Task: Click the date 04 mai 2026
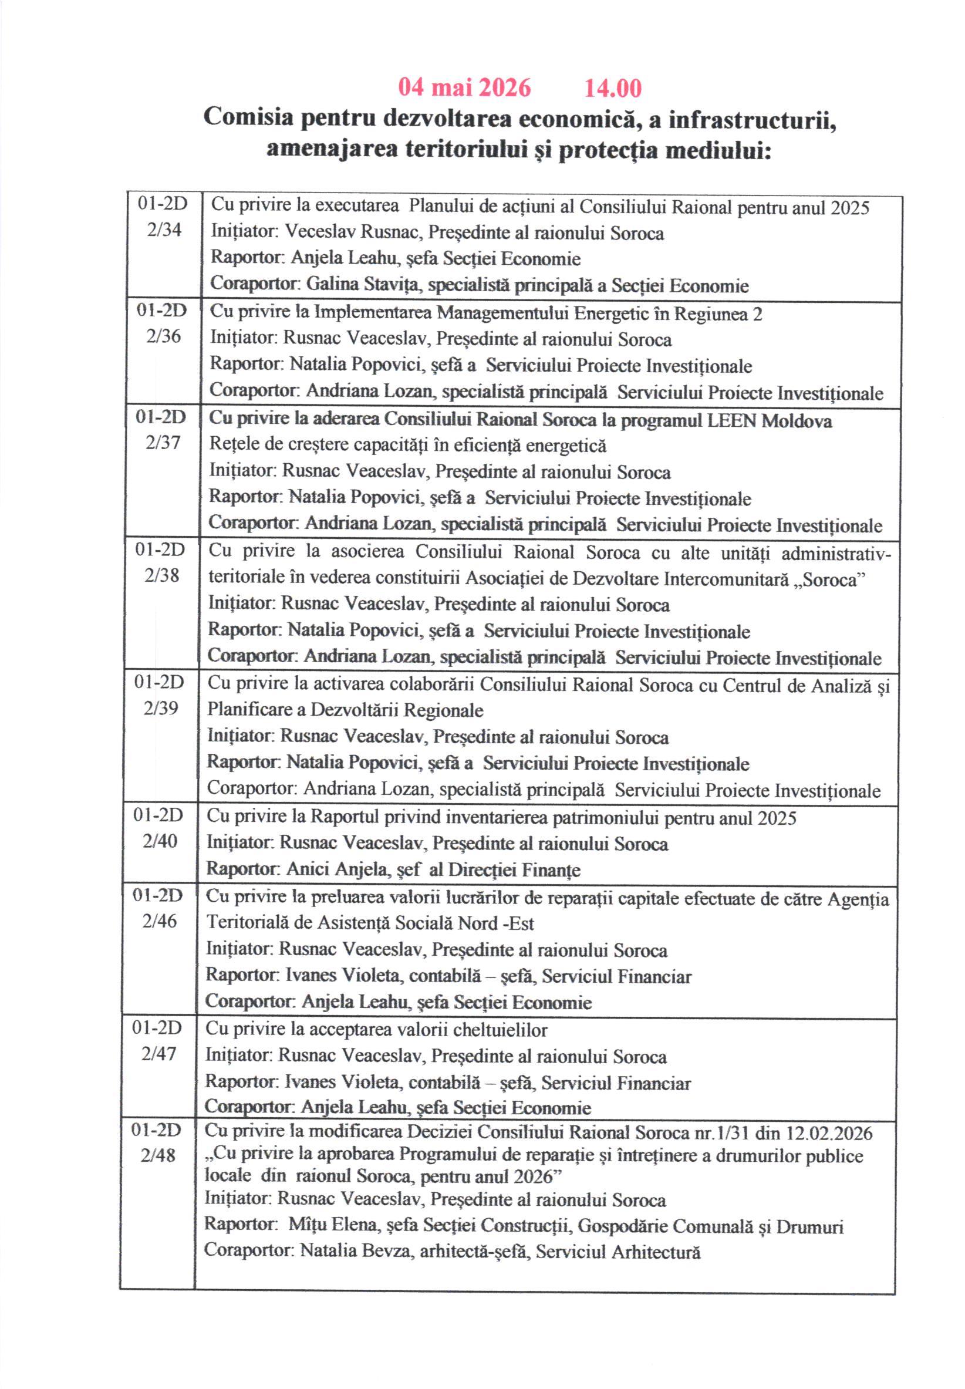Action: (x=464, y=88)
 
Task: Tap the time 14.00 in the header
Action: (x=612, y=88)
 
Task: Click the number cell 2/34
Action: (x=164, y=230)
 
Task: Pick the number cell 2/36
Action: (x=163, y=336)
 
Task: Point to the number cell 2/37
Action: (x=163, y=443)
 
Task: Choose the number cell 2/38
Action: (x=162, y=575)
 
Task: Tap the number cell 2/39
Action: (x=161, y=708)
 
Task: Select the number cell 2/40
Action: (x=160, y=841)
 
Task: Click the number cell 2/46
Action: (x=160, y=921)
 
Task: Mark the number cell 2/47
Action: (x=159, y=1054)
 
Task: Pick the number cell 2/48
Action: (x=158, y=1155)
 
